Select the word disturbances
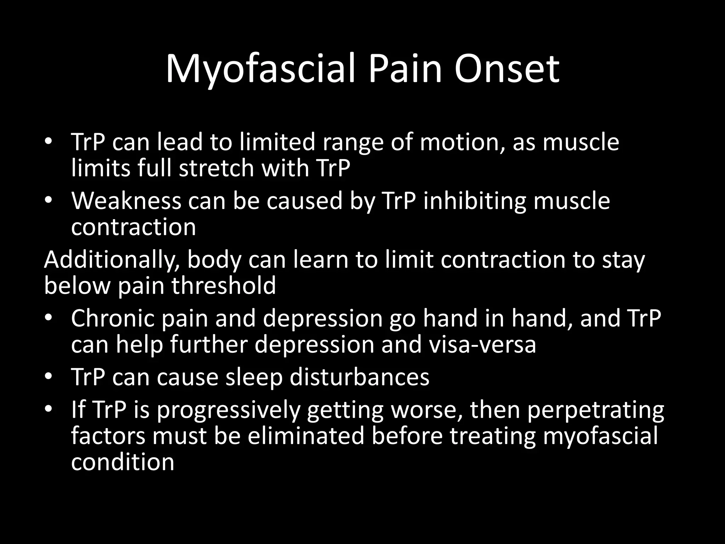(359, 377)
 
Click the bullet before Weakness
(48, 201)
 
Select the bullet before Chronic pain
(48, 318)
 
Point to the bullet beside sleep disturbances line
(48, 377)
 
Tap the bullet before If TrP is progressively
(48, 410)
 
